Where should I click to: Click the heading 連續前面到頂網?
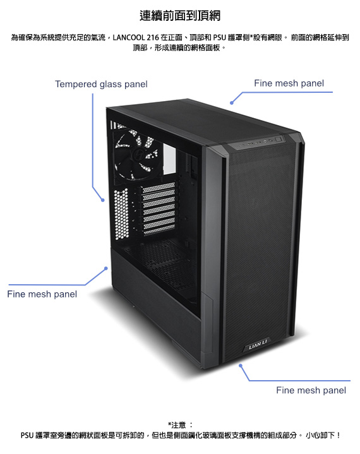pos(180,16)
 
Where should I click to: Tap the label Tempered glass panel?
pos(101,84)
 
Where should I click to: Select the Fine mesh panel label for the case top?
pos(289,83)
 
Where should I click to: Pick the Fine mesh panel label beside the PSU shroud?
pos(42,294)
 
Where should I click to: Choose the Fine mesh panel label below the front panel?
pos(311,390)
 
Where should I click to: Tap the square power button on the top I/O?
pos(279,139)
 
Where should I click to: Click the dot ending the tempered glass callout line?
pos(103,200)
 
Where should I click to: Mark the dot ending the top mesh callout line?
pos(232,103)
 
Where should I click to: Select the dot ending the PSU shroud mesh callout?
pos(106,268)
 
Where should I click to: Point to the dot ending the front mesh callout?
pos(241,366)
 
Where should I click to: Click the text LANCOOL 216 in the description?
pos(136,38)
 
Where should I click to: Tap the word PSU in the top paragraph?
pos(219,38)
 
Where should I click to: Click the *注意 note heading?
pos(177,425)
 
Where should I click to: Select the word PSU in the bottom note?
pos(27,435)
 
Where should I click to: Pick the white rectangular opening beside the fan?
pos(169,158)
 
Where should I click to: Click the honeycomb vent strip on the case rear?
pos(121,213)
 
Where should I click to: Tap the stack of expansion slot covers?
pos(159,208)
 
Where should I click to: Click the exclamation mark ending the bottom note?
pos(338,435)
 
